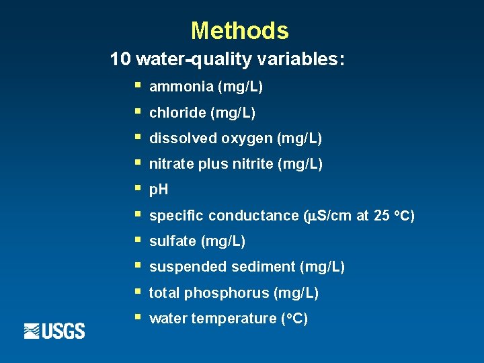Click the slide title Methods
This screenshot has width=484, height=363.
[239, 31]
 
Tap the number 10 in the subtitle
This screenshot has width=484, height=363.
[120, 60]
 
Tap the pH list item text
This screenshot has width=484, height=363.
[159, 190]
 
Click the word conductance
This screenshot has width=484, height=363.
[253, 216]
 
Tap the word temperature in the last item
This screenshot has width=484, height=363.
[233, 319]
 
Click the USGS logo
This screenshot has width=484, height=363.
[54, 331]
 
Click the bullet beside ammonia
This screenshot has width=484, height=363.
[136, 86]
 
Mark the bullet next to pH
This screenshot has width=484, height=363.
[136, 189]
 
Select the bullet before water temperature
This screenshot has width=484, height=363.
[136, 317]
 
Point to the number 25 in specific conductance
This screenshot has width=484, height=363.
[380, 216]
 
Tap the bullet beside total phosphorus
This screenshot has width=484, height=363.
[136, 292]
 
